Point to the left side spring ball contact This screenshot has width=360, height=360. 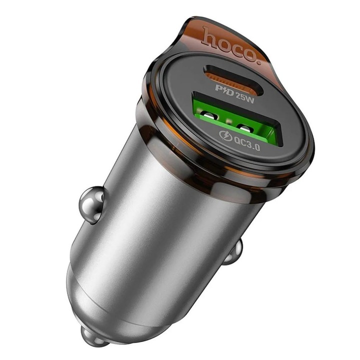[x=91, y=203]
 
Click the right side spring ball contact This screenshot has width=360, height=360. [x=233, y=253]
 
